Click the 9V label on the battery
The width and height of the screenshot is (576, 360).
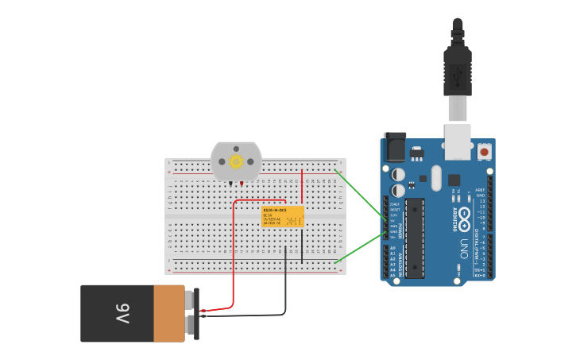[122, 313]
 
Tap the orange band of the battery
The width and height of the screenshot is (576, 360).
[168, 314]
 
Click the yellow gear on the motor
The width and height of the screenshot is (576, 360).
[236, 162]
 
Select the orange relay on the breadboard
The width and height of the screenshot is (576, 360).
[283, 217]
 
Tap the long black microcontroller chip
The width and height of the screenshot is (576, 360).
[415, 238]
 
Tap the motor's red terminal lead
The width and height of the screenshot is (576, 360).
[241, 184]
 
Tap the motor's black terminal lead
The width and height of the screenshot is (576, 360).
[231, 184]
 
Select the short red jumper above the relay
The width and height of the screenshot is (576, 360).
[302, 187]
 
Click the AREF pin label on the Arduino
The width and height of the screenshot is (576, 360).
[480, 191]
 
